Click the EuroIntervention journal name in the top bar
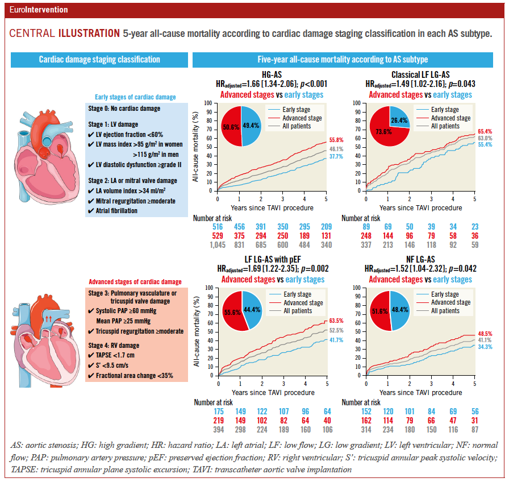(x=39, y=10)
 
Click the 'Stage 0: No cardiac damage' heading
(x=124, y=109)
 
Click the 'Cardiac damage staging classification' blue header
(x=99, y=59)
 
